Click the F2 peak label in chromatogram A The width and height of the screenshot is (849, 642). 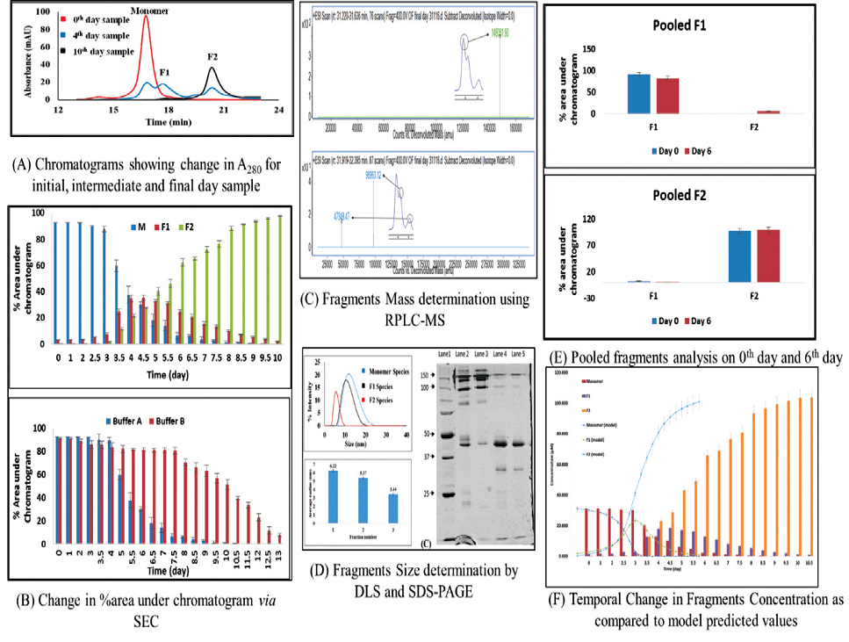pos(213,58)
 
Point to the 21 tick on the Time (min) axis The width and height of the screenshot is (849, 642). pos(223,110)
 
